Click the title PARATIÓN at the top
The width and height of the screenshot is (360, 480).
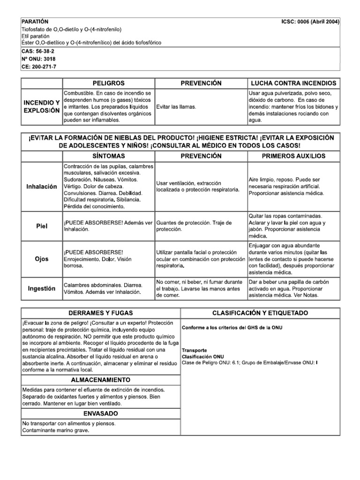coord(35,22)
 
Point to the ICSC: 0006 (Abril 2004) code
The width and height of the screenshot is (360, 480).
coord(310,22)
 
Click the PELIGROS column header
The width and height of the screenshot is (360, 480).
coord(109,83)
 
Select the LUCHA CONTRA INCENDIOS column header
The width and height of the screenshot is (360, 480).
coord(293,83)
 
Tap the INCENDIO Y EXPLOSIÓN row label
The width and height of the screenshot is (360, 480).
coord(42,106)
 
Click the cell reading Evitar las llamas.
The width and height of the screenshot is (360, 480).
coord(176,107)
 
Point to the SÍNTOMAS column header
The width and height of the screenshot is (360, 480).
coord(109,156)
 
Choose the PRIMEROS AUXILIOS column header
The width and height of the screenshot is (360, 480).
coord(293,156)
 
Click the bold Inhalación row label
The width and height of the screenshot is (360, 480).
coord(42,187)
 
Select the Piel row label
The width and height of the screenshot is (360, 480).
coord(42,225)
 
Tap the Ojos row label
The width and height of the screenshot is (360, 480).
coord(42,259)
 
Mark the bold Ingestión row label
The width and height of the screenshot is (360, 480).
coord(42,288)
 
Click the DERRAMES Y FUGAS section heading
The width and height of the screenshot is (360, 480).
coord(101,313)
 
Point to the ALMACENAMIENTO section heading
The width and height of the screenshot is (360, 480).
coord(101,379)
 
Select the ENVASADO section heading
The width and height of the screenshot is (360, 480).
coord(101,413)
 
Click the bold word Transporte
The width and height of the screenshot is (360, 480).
coord(195,350)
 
